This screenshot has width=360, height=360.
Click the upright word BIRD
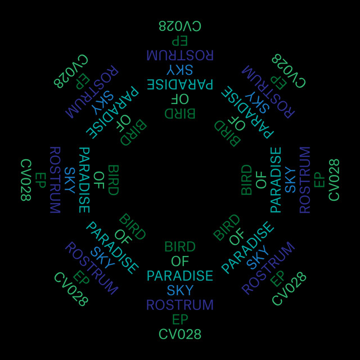(180, 247)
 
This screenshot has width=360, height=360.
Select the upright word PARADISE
(180, 276)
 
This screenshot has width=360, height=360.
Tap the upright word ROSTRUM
(180, 305)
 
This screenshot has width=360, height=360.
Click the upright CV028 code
(180, 334)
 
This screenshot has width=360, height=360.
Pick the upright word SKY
(180, 291)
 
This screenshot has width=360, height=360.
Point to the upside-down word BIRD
(180, 114)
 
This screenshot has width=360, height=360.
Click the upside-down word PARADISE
(180, 84)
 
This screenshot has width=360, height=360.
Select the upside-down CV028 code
(180, 26)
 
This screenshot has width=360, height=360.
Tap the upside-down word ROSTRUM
(180, 55)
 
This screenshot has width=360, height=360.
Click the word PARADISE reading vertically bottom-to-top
(276, 180)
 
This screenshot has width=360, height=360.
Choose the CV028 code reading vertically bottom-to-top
(334, 180)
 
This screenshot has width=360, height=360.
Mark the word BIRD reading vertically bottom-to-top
(246, 180)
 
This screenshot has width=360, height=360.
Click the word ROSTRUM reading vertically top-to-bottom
(55, 180)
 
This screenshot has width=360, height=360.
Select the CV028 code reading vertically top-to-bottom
(26, 180)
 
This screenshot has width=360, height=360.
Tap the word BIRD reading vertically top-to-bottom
(114, 180)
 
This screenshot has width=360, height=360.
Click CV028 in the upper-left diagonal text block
(71, 71)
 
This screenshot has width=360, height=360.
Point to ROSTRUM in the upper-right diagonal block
(268, 92)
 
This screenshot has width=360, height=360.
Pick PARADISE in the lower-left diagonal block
(112, 248)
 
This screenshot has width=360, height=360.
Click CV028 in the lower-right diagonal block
(289, 289)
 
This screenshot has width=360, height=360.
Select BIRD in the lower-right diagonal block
(227, 227)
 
